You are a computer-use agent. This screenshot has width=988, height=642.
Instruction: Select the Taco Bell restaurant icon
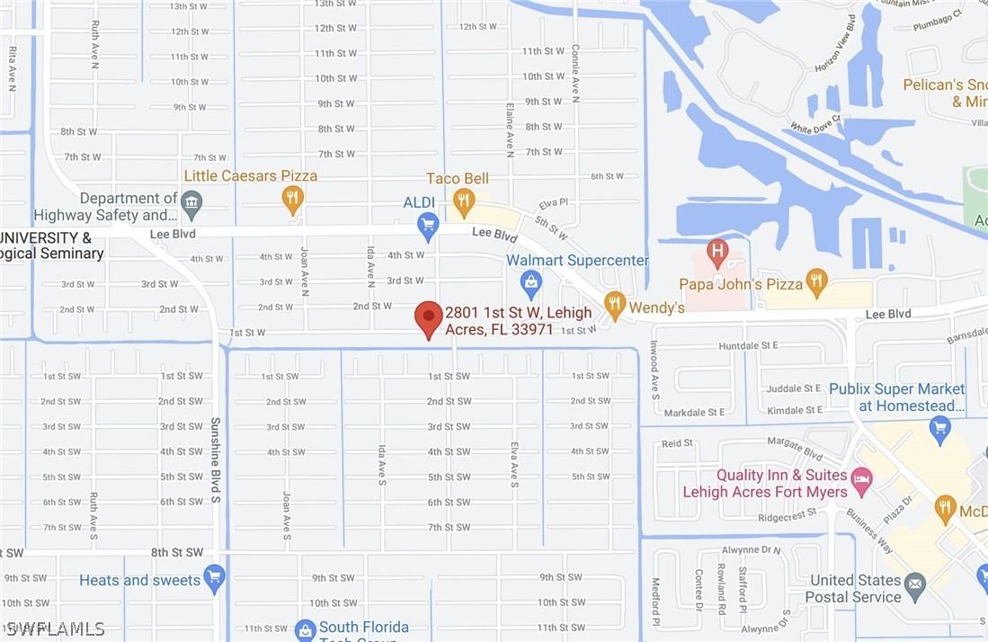(464, 201)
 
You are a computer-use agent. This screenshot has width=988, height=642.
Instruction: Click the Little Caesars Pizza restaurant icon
(292, 198)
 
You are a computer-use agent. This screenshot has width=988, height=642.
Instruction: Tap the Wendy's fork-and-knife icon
(615, 304)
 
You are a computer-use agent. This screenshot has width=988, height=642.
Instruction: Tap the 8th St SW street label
(177, 552)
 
